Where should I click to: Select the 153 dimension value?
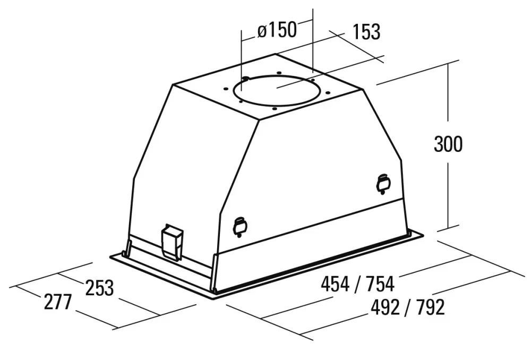366,32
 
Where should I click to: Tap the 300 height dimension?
448,144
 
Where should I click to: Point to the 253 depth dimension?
99,288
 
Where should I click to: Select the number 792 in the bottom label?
431,307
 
